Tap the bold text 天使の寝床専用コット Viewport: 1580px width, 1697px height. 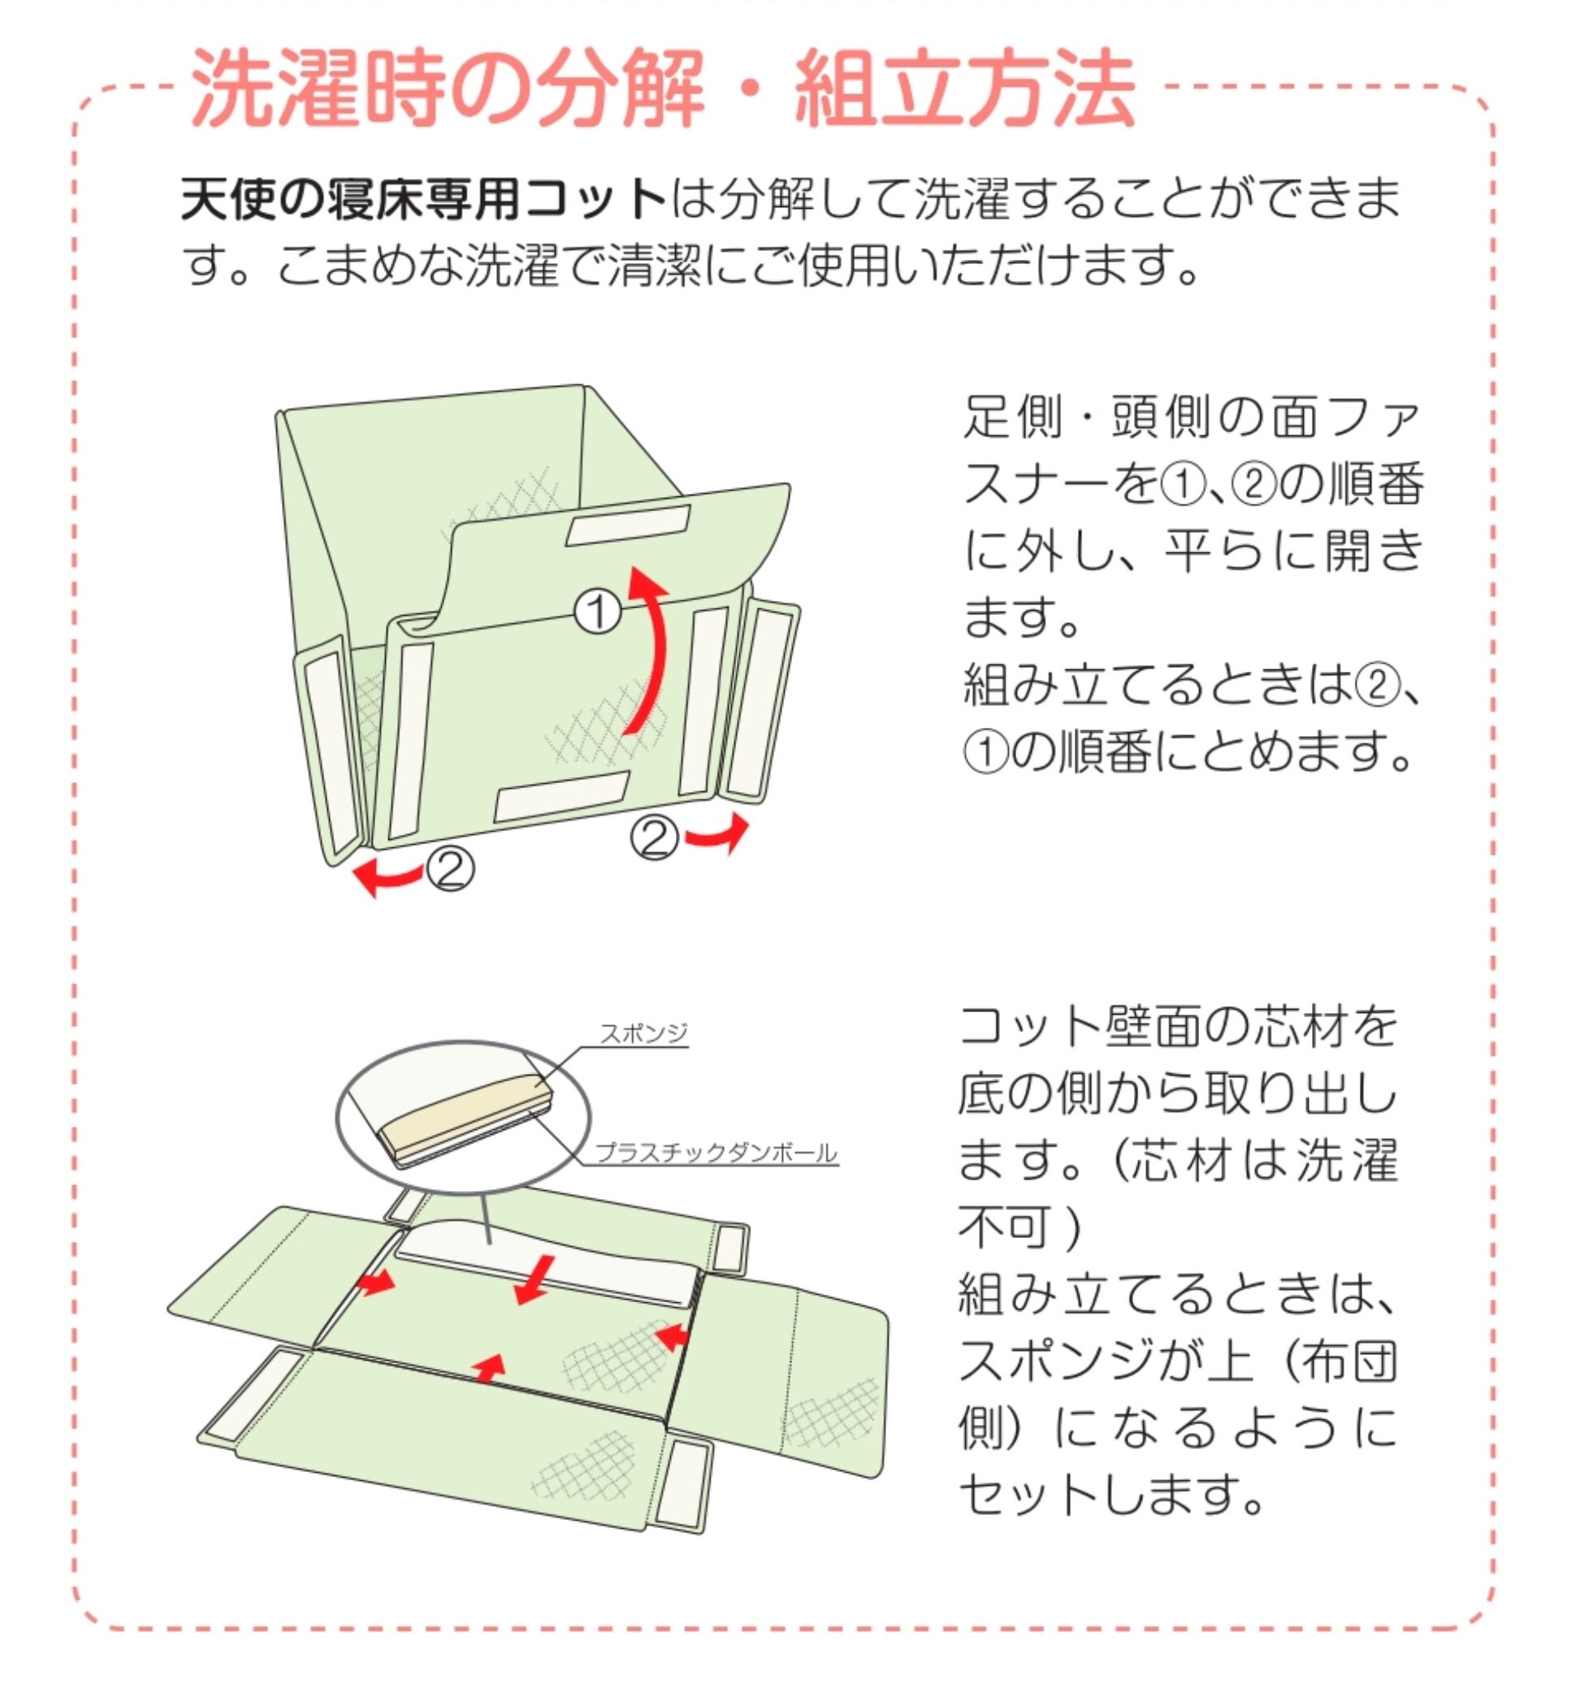[423, 199]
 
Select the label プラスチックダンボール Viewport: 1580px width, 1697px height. [716, 1154]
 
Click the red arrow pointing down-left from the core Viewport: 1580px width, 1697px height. [535, 1279]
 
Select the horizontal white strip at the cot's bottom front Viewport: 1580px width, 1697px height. [561, 795]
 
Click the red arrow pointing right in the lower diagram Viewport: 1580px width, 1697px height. [376, 1280]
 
